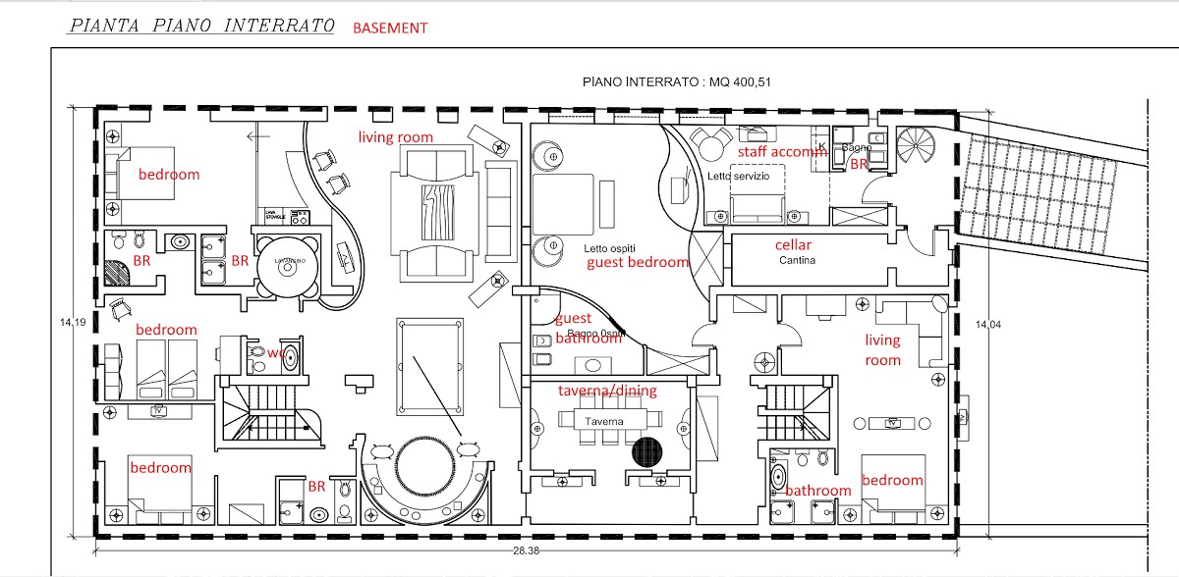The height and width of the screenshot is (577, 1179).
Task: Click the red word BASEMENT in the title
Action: point(390,28)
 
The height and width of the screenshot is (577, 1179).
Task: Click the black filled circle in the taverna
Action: point(646,452)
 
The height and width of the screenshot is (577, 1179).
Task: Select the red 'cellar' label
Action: point(793,244)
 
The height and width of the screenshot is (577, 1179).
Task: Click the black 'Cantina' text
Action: point(799,261)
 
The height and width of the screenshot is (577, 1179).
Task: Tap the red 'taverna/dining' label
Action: point(607,391)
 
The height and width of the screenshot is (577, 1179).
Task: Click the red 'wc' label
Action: point(276,350)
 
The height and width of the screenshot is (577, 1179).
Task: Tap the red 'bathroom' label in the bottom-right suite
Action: point(817,490)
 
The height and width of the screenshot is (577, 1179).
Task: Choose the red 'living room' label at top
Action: point(395,137)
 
